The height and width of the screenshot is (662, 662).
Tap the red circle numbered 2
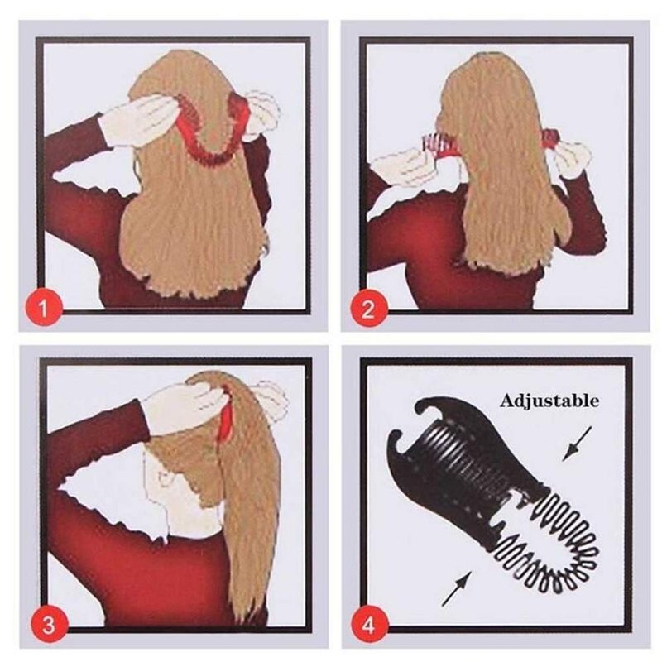369,309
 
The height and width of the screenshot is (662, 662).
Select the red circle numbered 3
49,624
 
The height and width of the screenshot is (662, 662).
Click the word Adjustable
549,401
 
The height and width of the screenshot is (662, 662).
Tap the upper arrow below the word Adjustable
577,444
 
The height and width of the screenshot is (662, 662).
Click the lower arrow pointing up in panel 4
457,588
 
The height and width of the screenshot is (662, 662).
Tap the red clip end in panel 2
551,137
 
